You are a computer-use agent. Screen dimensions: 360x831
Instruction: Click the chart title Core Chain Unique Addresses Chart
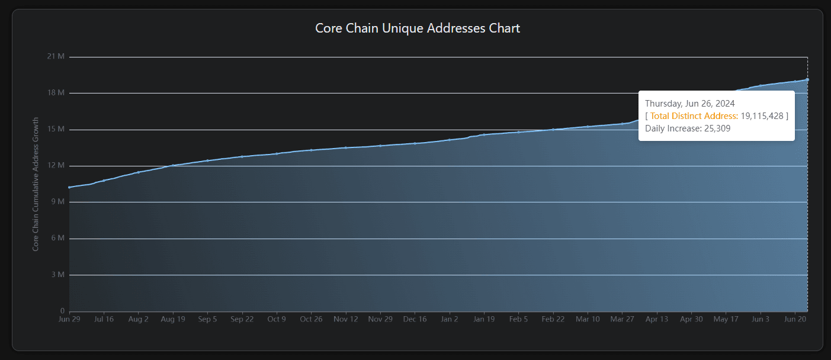(x=417, y=28)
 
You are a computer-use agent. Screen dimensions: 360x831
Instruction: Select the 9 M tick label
(x=58, y=202)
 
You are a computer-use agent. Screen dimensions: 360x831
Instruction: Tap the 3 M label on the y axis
(x=58, y=275)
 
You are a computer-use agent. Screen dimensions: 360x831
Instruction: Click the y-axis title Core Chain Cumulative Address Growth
(x=36, y=184)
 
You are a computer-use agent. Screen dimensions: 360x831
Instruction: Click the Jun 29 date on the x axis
(x=69, y=319)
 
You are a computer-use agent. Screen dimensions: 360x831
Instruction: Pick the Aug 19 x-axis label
(x=172, y=319)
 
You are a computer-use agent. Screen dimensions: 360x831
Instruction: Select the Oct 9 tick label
(x=277, y=319)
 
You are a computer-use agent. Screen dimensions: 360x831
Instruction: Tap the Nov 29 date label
(x=380, y=319)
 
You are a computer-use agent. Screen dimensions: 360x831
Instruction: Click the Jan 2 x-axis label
(x=450, y=319)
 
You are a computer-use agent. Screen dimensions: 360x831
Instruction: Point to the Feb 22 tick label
(x=553, y=319)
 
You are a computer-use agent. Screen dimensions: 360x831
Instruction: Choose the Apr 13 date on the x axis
(x=656, y=319)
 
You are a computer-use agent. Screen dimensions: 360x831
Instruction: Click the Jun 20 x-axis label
(x=794, y=319)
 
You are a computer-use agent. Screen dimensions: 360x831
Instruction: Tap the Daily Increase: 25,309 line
(x=689, y=128)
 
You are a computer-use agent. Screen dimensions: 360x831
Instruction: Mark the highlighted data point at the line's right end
(x=807, y=79)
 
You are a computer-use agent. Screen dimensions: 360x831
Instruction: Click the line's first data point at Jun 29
(x=69, y=187)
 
